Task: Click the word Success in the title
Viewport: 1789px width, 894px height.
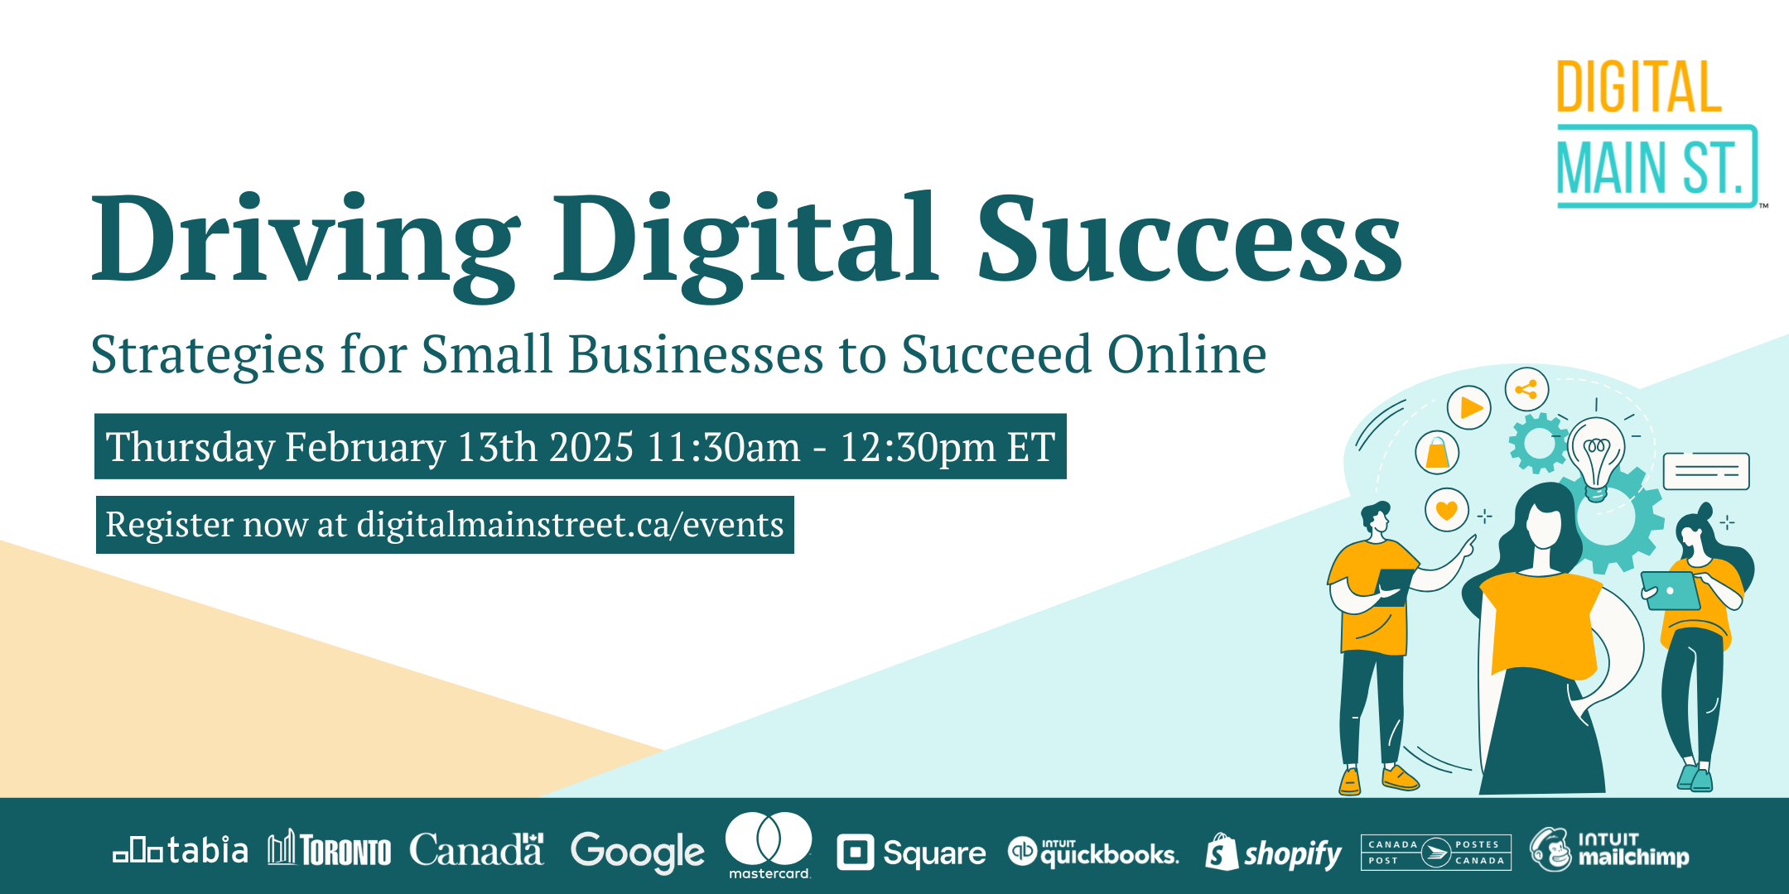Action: pos(1190,239)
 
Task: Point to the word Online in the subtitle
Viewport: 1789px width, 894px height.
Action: pos(1187,354)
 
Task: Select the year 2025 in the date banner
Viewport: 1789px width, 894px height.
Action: pos(591,447)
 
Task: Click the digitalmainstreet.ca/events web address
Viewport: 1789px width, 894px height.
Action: pos(571,525)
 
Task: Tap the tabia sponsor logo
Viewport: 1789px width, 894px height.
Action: pos(181,851)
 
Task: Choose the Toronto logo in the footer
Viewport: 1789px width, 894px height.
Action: pos(329,848)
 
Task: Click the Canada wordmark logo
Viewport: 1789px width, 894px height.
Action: pos(476,850)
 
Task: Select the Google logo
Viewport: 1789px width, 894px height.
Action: pos(638,853)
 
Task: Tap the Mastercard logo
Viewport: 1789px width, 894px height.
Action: pos(769,845)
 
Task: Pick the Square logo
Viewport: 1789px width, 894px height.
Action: pos(911,853)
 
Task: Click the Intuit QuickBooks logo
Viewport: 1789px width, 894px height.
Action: pos(1093,853)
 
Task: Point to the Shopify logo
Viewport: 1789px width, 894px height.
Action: pos(1273,853)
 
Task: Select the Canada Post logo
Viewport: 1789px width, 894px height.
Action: pos(1436,853)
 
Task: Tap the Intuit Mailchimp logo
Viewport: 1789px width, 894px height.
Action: pos(1609,850)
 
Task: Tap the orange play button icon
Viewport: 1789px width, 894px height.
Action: pos(1469,407)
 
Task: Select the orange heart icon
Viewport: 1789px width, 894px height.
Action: pos(1446,510)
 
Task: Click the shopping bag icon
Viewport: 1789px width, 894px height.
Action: pos(1437,453)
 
